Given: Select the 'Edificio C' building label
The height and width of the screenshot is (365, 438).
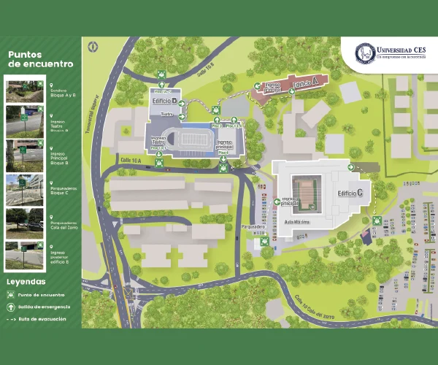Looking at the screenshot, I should tap(350, 193).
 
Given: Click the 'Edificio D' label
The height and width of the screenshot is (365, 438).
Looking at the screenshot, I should tap(165, 101).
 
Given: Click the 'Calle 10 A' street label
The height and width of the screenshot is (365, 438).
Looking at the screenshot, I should tap(129, 160).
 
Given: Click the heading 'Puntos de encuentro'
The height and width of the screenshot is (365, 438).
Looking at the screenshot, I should tap(40, 59).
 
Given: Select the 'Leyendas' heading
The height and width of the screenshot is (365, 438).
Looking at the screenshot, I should tap(26, 281).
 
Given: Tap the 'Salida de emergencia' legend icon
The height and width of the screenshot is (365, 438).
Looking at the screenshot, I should tap(11, 307).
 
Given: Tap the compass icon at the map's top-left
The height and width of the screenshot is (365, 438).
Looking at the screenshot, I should tap(93, 47).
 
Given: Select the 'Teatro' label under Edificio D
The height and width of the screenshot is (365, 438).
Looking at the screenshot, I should tap(167, 114).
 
